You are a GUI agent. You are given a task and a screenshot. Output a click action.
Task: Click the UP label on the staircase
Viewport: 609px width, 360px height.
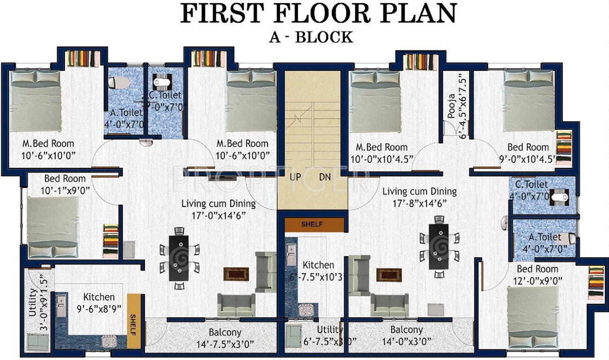[296, 177]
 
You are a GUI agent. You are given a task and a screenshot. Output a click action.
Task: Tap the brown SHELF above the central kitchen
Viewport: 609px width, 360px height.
[312, 224]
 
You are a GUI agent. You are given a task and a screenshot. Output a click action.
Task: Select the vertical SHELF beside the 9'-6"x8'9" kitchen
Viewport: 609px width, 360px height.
[134, 321]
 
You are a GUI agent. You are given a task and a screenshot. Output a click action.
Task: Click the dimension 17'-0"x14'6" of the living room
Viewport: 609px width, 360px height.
[219, 215]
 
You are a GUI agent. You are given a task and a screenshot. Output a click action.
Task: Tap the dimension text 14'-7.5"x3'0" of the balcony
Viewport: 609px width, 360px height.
[225, 344]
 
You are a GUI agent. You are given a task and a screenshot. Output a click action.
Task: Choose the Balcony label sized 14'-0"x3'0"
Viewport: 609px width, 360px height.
[406, 330]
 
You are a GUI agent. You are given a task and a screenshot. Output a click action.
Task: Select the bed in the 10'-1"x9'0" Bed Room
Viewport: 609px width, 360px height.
[52, 227]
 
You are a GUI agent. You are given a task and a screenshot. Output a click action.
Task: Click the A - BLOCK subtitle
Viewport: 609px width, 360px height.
[311, 37]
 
